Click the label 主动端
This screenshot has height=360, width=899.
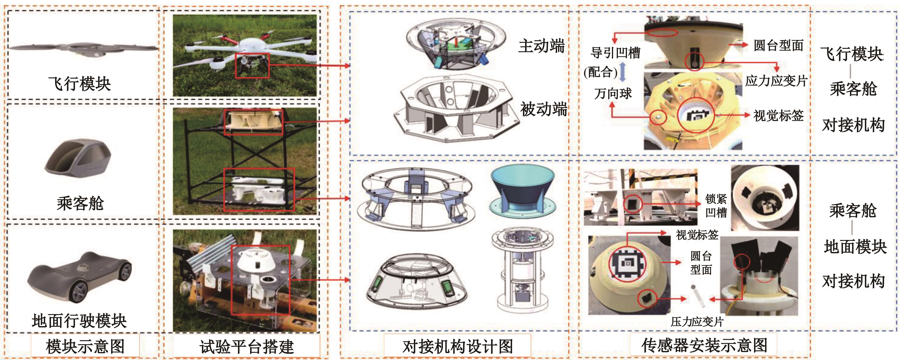541,46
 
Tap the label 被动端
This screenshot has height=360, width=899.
544,109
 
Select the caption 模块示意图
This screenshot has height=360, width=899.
85,346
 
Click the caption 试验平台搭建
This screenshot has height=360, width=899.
247,346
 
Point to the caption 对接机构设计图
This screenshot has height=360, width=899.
458,346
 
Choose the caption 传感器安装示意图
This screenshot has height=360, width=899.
704,345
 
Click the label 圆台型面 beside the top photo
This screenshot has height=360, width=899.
778,45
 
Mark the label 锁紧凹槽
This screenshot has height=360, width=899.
716,206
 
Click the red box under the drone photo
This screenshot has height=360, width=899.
252,66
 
